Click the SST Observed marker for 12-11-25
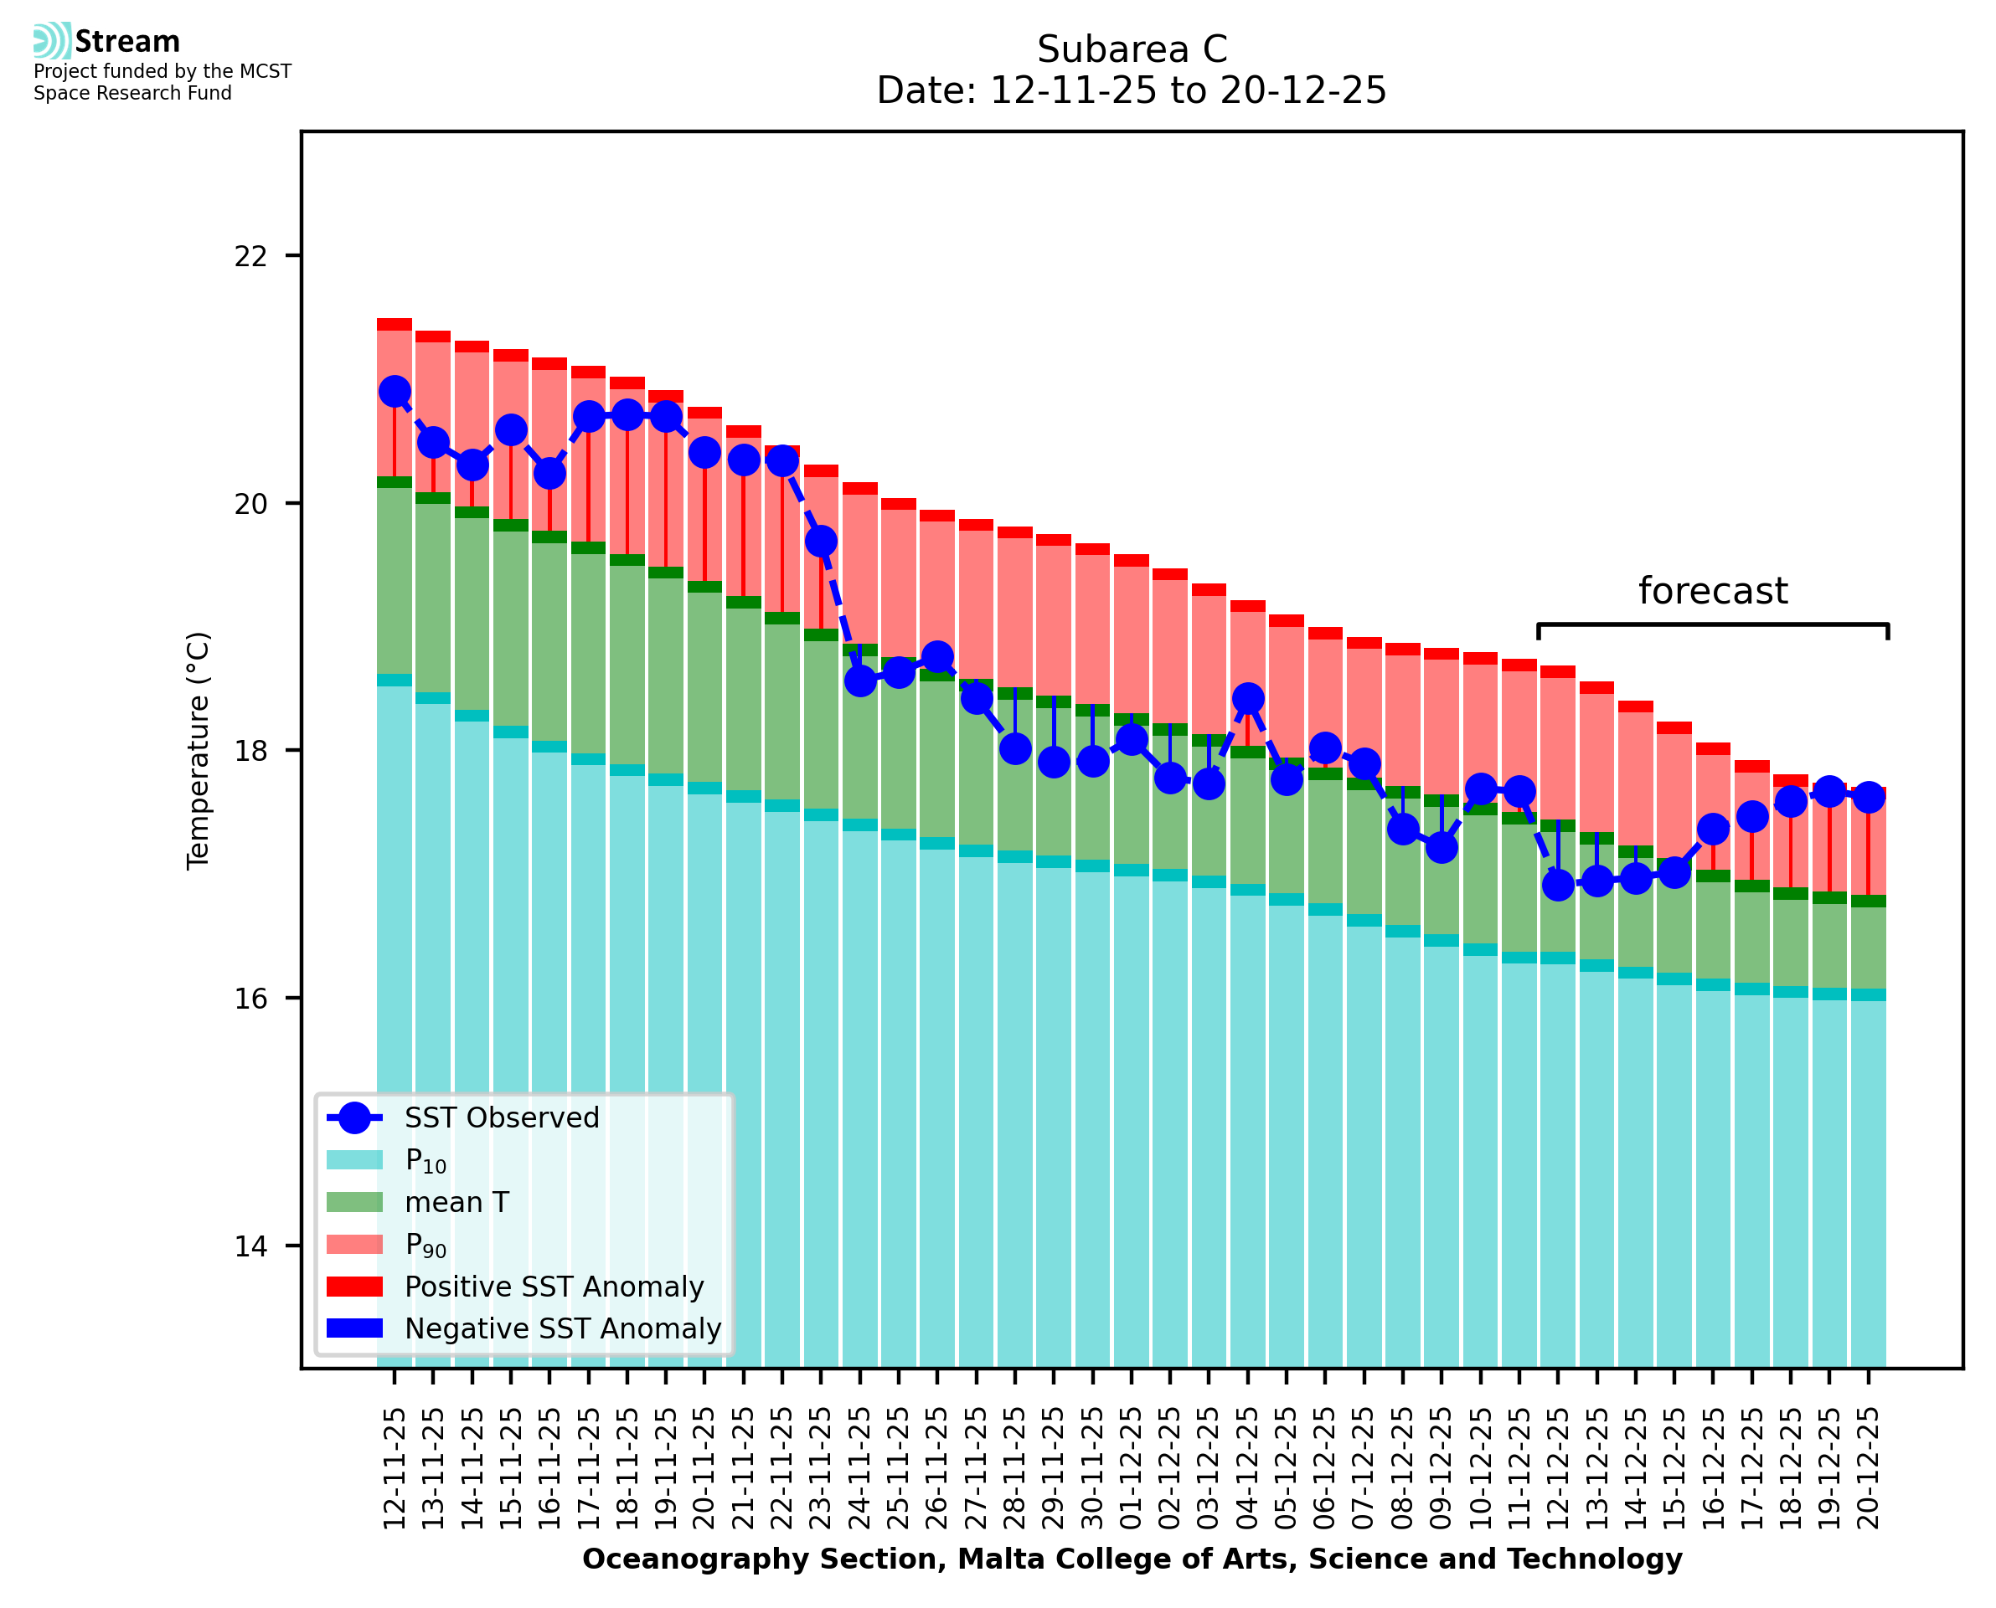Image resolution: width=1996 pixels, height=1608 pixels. coord(395,392)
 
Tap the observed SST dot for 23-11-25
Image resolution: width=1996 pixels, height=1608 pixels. coord(821,541)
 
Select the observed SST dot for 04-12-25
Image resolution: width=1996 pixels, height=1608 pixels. coord(1247,698)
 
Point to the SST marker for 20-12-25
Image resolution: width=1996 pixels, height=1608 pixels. coord(1868,797)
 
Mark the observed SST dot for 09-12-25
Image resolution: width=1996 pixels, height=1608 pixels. coord(1441,846)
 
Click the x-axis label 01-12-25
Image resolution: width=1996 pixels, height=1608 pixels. coord(1132,1468)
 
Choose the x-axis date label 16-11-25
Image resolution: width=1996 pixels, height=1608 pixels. coord(549,1468)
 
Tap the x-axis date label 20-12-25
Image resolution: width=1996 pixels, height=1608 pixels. coord(1868,1468)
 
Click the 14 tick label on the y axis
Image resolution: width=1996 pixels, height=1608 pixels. coord(250,1246)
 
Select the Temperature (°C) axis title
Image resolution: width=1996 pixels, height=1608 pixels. coord(199,750)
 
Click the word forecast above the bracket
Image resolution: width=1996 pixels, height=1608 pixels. coord(1712,591)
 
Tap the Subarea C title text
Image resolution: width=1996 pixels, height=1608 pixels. coord(1132,49)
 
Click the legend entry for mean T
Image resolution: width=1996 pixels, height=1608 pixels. coord(456,1202)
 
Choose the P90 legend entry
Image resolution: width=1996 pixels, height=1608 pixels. coord(426,1244)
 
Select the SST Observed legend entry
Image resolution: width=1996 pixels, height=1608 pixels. coord(502,1118)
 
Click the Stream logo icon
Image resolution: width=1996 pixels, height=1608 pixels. coord(52,41)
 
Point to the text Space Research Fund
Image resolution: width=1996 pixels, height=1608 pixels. coord(132,94)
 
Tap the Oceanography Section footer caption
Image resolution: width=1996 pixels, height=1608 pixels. coord(1132,1559)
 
